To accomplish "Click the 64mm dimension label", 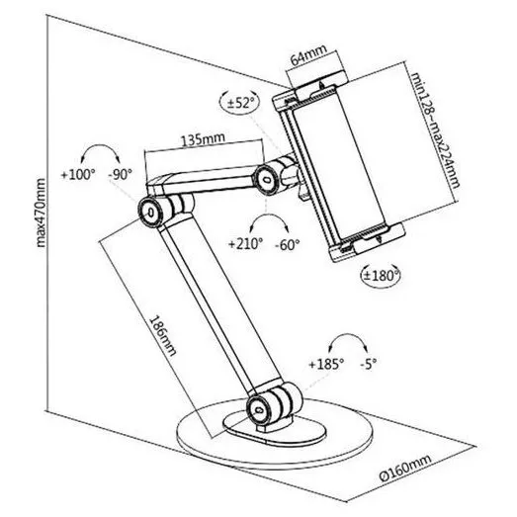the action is (x=308, y=54).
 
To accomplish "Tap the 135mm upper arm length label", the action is (x=203, y=138).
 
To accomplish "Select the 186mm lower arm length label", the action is (x=162, y=336).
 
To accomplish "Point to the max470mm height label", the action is (x=41, y=213).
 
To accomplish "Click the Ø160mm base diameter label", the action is (x=405, y=468).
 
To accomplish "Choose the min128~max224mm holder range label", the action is (x=435, y=130).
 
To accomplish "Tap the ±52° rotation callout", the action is (x=239, y=102).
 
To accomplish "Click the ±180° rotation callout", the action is (x=381, y=275).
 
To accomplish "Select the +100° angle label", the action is (x=78, y=174).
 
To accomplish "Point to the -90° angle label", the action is (x=121, y=174).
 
